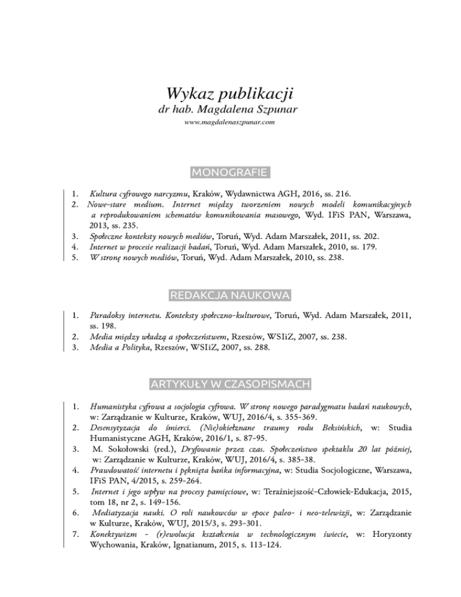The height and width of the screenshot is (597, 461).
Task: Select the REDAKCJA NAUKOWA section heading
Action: [x=230, y=295]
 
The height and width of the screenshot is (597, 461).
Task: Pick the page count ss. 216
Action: [x=337, y=194]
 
